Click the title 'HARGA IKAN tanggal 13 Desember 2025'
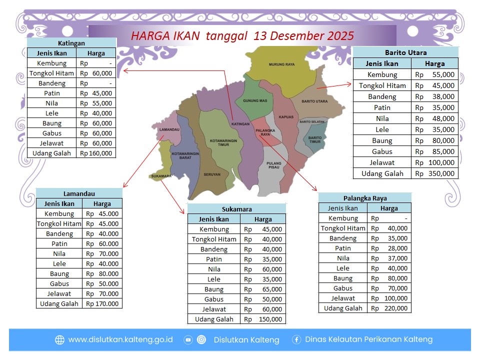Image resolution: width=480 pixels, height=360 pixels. [242, 36]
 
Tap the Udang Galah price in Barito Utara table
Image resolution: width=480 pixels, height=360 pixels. [434, 173]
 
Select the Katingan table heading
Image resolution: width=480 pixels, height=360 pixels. [71, 43]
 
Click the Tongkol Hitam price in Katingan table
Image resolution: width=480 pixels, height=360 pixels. [96, 73]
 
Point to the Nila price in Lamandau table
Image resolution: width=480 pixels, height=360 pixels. [102, 253]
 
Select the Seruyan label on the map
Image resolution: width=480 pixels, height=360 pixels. [212, 174]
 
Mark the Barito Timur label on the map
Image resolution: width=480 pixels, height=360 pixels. [314, 139]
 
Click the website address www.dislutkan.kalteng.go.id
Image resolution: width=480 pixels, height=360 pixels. [120, 339]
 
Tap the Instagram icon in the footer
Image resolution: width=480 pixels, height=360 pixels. [201, 339]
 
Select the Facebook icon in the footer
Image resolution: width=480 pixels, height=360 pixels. [296, 339]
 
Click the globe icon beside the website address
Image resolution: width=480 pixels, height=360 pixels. [59, 339]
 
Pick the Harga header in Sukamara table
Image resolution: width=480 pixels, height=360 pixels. [263, 219]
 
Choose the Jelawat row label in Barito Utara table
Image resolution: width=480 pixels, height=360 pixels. [382, 162]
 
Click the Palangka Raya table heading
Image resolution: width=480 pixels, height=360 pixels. [365, 198]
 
